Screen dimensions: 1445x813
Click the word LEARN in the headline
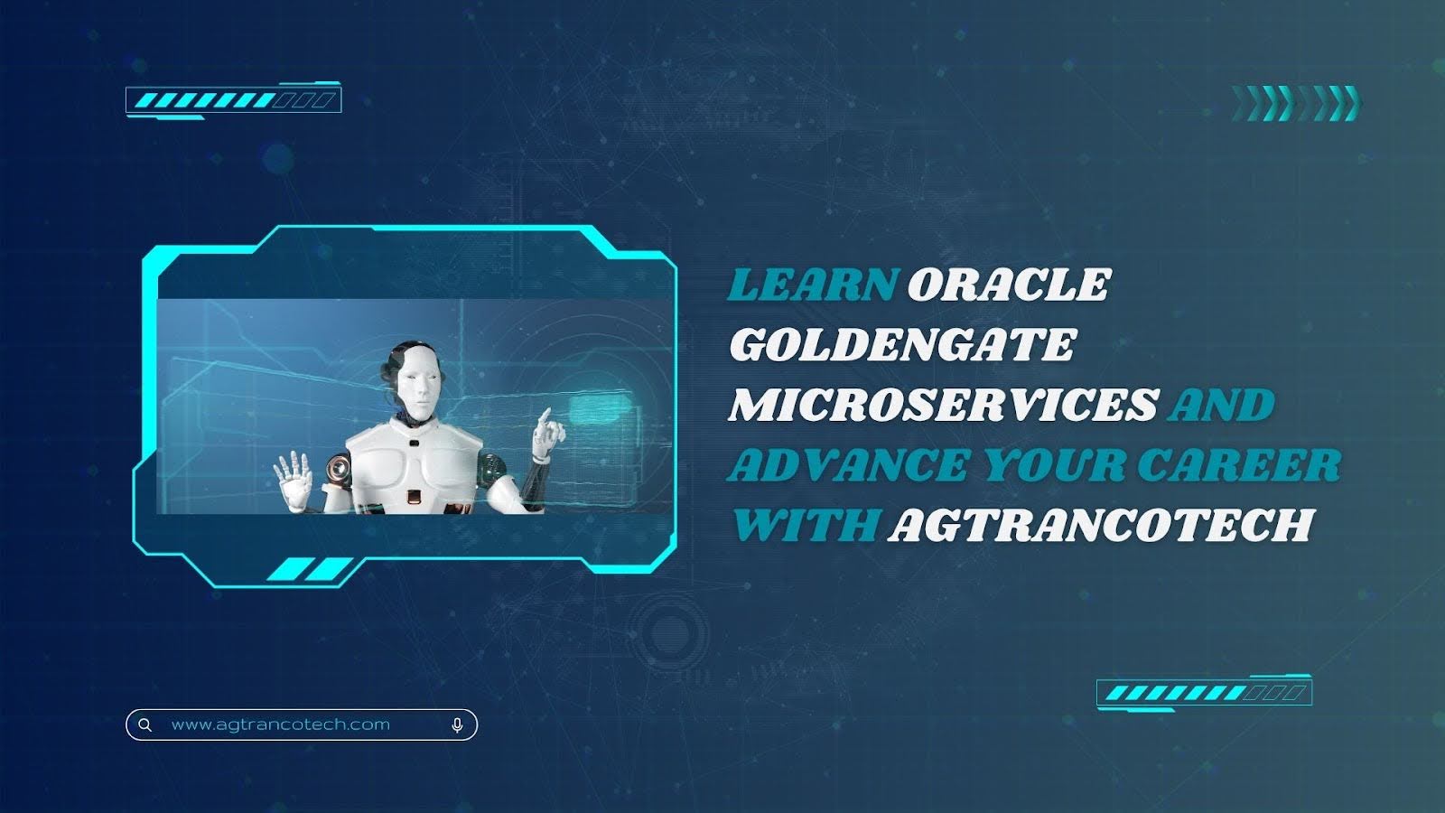813,285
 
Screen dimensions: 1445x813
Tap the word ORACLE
1010,285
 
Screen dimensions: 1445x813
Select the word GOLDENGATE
902,344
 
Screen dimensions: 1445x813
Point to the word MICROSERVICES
944,405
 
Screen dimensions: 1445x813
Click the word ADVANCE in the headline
848,464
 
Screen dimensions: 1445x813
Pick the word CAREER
1239,464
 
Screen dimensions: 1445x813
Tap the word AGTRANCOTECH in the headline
1101,525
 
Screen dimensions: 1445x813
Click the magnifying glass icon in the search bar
145,725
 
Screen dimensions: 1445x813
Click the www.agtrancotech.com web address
281,724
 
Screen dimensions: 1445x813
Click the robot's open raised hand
294,479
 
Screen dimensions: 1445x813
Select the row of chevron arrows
1295,103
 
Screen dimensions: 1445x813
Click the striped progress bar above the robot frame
234,100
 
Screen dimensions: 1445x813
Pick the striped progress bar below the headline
1205,693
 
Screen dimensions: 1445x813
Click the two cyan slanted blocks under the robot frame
310,570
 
